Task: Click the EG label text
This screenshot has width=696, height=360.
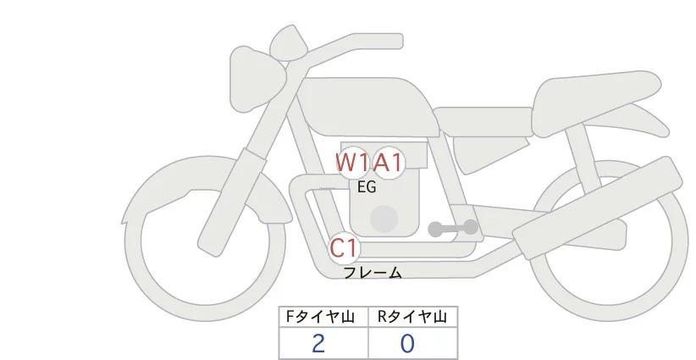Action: point(367,187)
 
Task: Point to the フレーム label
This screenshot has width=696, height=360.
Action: point(373,273)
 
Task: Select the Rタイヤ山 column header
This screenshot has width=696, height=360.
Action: point(412,317)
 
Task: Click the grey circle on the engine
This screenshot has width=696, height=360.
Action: point(384,219)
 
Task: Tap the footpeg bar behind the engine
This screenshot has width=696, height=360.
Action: point(453,228)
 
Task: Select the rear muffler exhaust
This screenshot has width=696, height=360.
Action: point(593,212)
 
